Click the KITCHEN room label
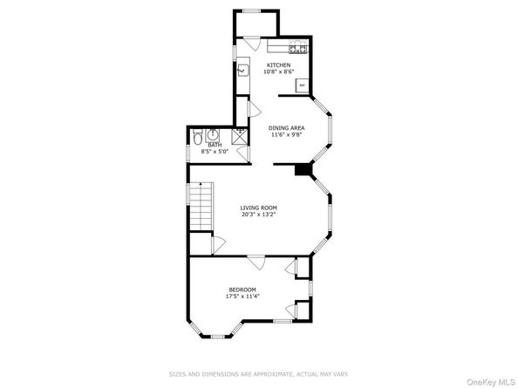tap(278, 65)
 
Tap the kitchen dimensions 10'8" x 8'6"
tap(278, 71)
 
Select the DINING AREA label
tap(286, 128)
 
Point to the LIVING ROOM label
tap(258, 208)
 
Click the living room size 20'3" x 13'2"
tap(258, 214)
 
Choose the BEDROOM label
tap(242, 289)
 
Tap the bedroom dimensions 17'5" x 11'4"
tap(242, 296)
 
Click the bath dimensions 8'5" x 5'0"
tap(215, 152)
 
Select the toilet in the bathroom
tap(198, 137)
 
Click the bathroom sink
tap(213, 135)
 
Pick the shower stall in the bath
tap(239, 136)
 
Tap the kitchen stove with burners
tap(298, 46)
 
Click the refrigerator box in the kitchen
tap(302, 85)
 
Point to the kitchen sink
tap(243, 71)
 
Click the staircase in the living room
tap(201, 206)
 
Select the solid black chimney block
tap(303, 170)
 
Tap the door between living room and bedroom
tap(256, 262)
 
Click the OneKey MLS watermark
tap(490, 382)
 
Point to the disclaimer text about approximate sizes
tap(259, 374)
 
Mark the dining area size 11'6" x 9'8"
tap(286, 134)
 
